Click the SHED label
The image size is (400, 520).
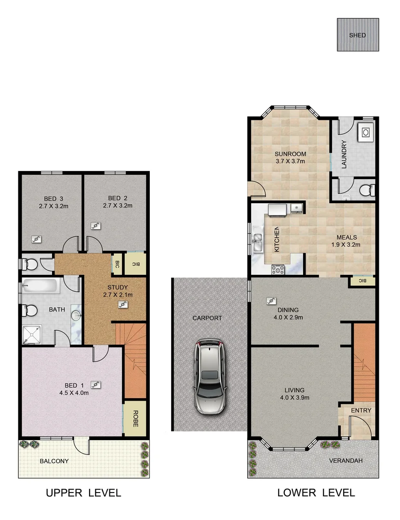pos(358,35)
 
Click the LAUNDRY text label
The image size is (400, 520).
pos(344,154)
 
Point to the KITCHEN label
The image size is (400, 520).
pos(277,239)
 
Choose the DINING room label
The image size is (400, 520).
pos(288,310)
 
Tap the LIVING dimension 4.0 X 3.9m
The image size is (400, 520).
pos(294,398)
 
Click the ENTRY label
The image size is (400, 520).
pos(361,410)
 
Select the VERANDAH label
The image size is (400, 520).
pos(346,461)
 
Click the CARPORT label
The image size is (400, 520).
pos(207,318)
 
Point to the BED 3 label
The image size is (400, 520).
pos(53,198)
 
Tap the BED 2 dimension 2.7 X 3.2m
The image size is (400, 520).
pos(118,206)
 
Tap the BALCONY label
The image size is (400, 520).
pos(54,461)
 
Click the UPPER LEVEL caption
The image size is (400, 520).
pos(83,493)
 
